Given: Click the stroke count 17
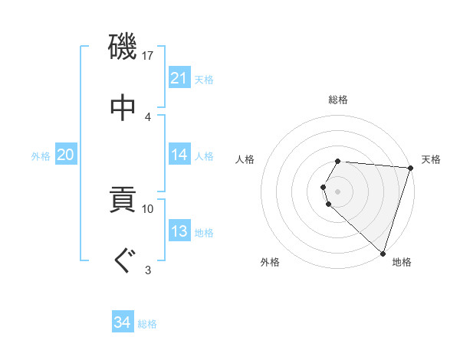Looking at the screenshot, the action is (149, 55).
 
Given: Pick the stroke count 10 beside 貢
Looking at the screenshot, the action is (148, 208).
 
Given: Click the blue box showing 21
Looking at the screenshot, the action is (179, 78).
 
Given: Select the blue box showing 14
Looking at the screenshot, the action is (179, 155).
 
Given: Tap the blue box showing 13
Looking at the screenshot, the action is (179, 231).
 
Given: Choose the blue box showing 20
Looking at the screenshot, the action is (66, 155).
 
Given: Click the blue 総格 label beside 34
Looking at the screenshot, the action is (147, 324).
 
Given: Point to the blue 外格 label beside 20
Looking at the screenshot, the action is (41, 155).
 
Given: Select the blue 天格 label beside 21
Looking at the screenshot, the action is (204, 79).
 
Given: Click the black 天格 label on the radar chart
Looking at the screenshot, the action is (431, 159).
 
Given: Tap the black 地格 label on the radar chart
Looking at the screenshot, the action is (402, 262).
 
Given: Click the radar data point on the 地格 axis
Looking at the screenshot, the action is (383, 254).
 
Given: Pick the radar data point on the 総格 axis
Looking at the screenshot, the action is (338, 161).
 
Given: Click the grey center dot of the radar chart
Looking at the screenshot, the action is (338, 191).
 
